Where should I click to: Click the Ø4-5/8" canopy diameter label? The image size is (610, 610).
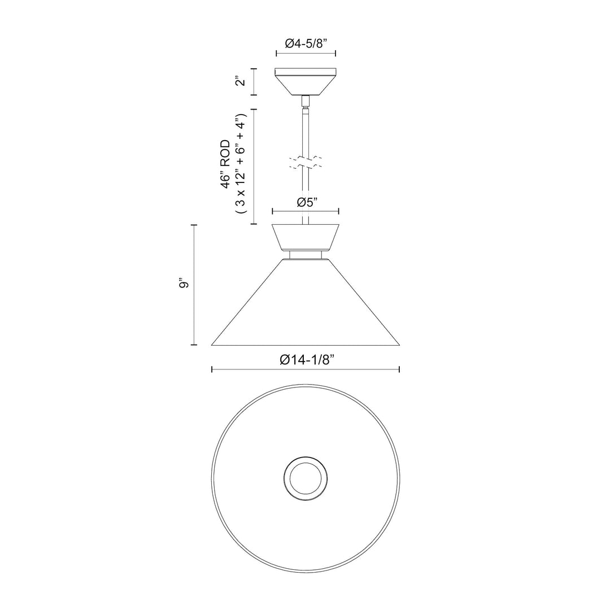[x=306, y=42]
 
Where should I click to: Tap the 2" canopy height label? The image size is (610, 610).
[x=241, y=81]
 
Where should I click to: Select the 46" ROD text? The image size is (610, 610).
[x=226, y=164]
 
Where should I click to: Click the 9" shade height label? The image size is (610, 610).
[x=182, y=284]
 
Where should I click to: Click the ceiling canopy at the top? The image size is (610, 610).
[x=306, y=81]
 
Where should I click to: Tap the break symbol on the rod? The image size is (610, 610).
[x=306, y=162]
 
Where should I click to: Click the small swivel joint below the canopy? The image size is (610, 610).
[x=306, y=102]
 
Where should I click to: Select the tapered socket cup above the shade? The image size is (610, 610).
[x=306, y=237]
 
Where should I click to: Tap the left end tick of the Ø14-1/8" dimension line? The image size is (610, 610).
[x=212, y=369]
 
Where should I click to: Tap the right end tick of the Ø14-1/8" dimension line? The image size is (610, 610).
[x=399, y=369]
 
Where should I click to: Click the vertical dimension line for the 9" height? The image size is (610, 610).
[x=194, y=284]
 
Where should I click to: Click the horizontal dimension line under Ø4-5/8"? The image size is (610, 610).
[x=306, y=54]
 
